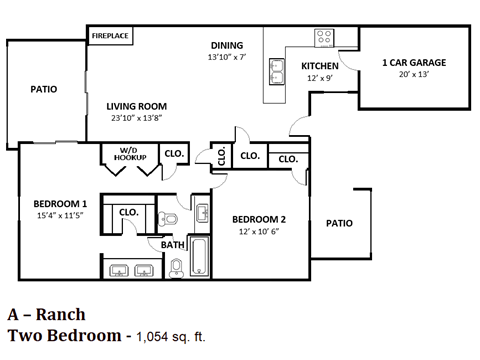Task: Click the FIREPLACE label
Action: click(x=109, y=36)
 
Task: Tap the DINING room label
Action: click(x=227, y=45)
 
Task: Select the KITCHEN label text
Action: click(x=320, y=66)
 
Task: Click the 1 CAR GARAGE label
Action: click(x=414, y=62)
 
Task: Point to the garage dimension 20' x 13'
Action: click(x=414, y=75)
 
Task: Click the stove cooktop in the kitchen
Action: click(x=324, y=39)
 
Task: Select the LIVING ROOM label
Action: click(x=137, y=106)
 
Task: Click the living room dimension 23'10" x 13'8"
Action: click(x=137, y=118)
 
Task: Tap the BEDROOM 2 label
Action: click(x=260, y=219)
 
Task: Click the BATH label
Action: click(x=172, y=243)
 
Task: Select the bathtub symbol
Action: click(x=198, y=256)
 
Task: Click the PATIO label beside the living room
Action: click(x=43, y=89)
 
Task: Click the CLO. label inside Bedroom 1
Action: click(x=128, y=212)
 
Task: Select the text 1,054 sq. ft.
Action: click(x=173, y=335)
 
